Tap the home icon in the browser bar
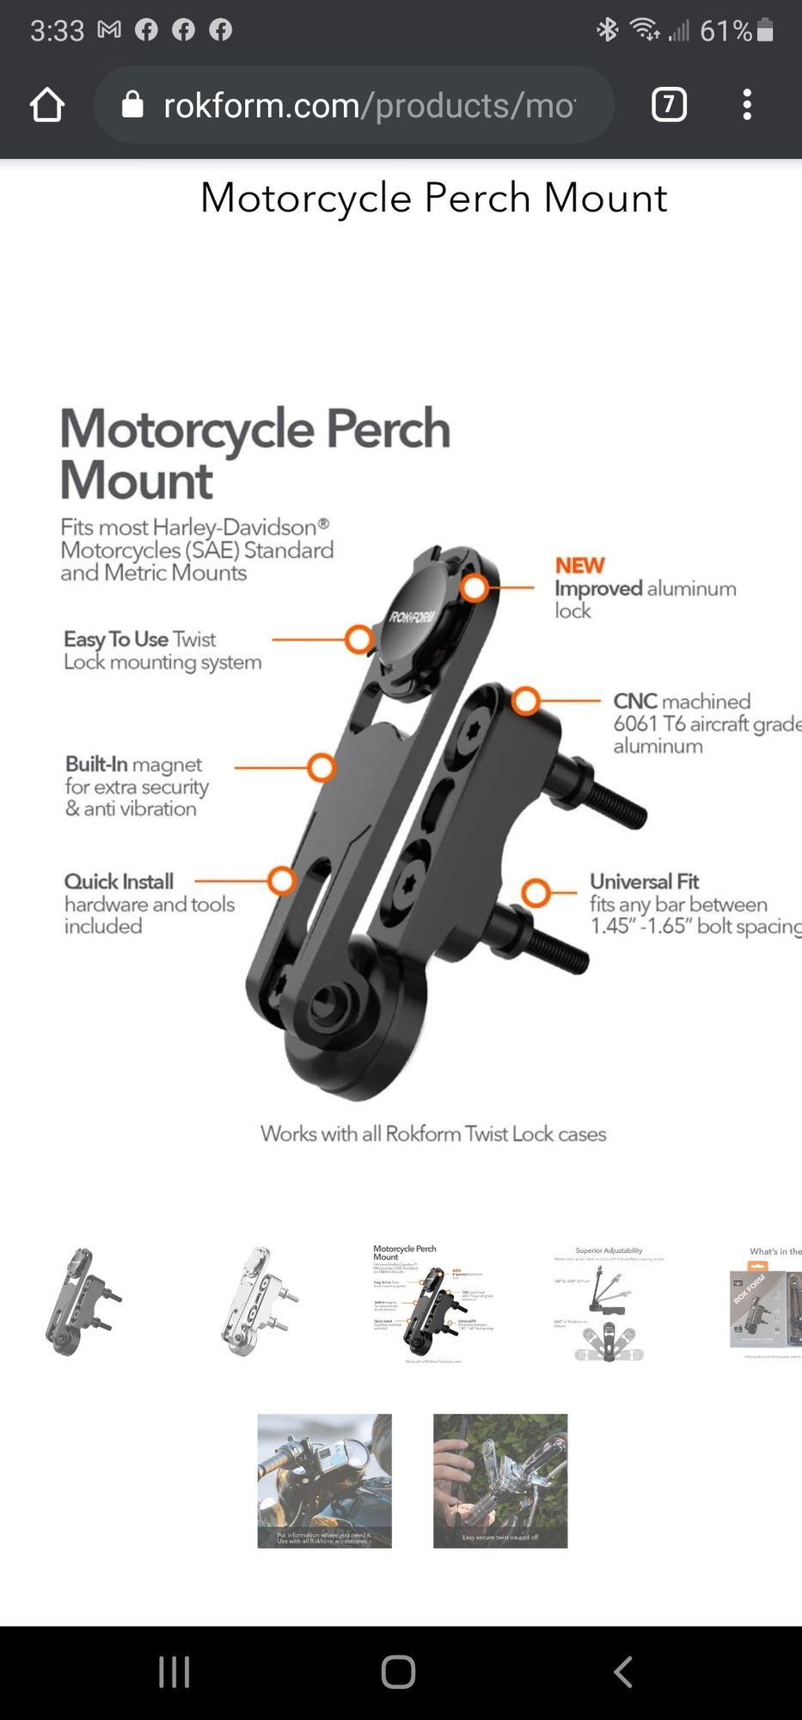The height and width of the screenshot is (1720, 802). click(47, 105)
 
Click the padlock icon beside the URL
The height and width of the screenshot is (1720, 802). click(132, 105)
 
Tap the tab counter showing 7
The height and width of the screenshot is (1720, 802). click(669, 105)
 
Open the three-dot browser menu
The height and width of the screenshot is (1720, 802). click(746, 105)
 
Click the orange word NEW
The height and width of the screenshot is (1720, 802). click(579, 565)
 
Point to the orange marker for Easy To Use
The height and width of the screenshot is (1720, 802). click(358, 639)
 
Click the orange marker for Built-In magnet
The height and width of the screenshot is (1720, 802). click(321, 767)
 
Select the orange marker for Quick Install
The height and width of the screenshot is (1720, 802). click(281, 881)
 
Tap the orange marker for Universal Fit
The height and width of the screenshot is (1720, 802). click(536, 893)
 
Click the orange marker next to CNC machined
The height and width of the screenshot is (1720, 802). click(526, 701)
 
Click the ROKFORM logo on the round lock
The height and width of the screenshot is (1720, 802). click(413, 617)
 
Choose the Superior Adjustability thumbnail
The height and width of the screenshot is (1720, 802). click(609, 1304)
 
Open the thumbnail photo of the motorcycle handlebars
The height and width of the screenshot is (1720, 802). click(325, 1480)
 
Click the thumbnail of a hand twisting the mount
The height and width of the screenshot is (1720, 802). click(500, 1480)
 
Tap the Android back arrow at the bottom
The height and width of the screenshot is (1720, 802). click(623, 1672)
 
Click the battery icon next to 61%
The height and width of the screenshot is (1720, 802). click(765, 31)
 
